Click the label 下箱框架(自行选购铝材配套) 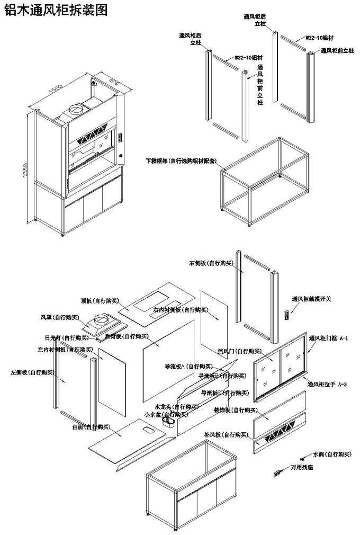click(x=183, y=160)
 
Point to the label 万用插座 click(x=304, y=468)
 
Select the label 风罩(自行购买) click(x=60, y=317)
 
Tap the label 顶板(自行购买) click(x=98, y=300)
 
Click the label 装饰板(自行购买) click(x=236, y=410)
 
